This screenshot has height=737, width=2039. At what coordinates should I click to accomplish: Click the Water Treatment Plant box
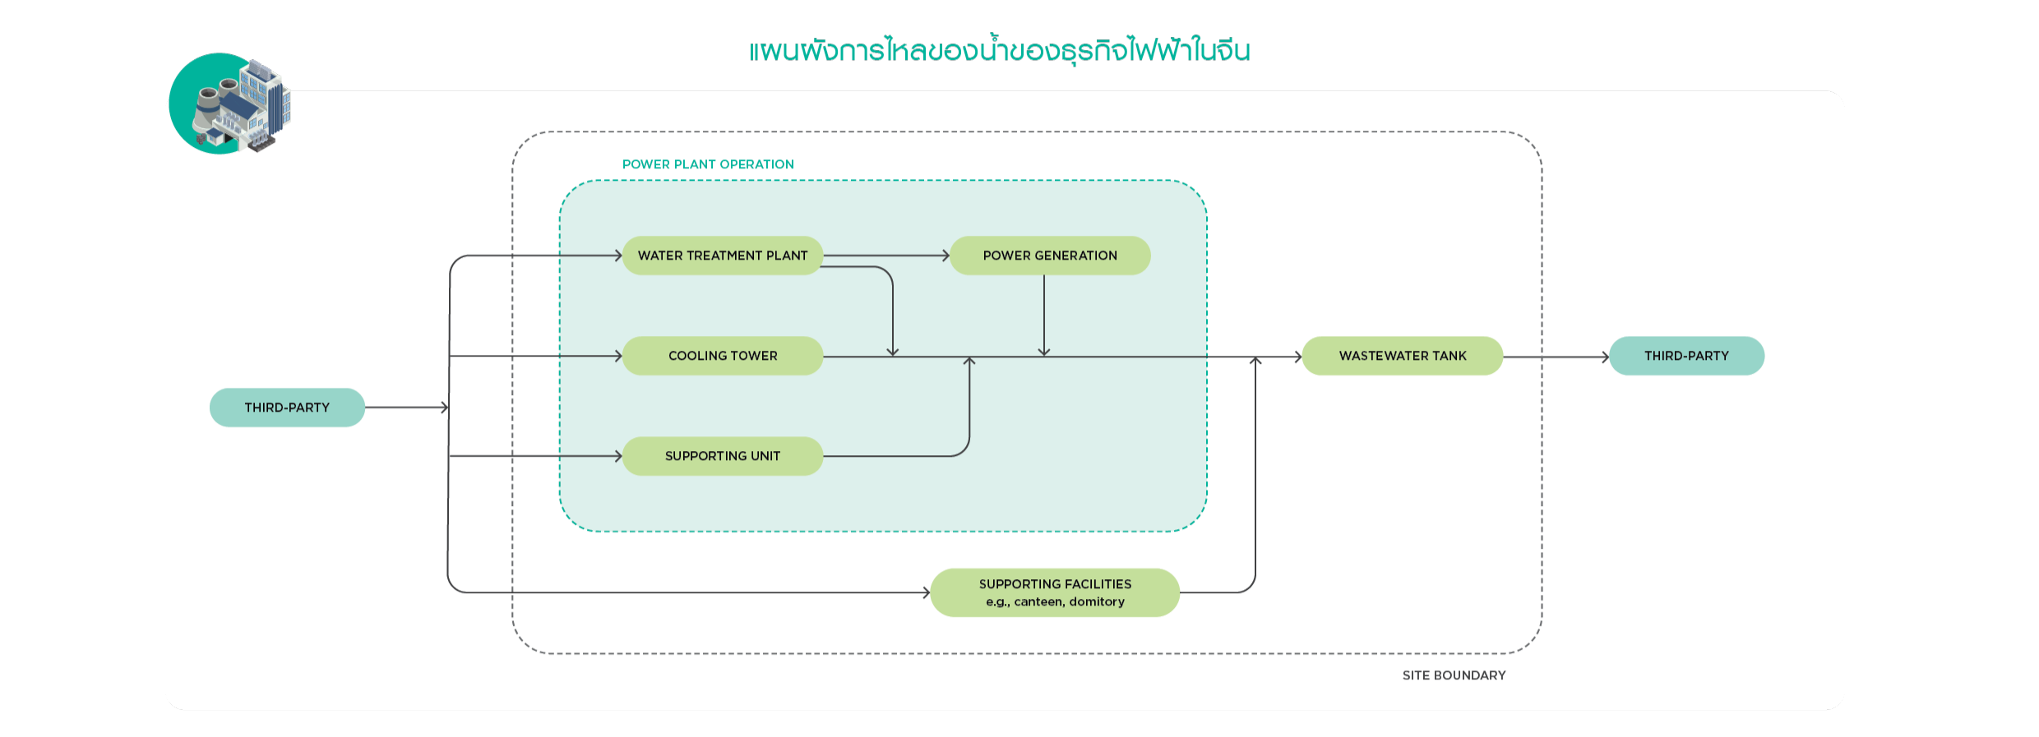(722, 256)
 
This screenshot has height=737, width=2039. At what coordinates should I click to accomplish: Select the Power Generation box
(1050, 256)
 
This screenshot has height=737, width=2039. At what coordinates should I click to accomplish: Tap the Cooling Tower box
(722, 356)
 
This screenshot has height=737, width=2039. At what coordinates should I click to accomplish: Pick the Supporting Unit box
(722, 456)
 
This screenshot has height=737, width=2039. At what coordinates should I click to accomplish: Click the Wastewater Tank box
(1402, 356)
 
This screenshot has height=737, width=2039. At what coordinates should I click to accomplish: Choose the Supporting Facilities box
(1055, 592)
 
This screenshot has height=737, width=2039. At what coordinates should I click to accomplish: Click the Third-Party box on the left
(287, 408)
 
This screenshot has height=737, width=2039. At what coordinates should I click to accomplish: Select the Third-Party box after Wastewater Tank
(1686, 356)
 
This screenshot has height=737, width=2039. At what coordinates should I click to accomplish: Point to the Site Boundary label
(1454, 675)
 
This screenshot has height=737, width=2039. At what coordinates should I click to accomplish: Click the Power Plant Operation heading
(708, 164)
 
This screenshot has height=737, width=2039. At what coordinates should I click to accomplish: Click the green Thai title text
(1000, 51)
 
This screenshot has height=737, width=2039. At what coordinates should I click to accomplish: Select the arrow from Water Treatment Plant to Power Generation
(886, 256)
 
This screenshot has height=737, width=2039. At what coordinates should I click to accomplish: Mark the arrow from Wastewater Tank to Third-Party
(1556, 357)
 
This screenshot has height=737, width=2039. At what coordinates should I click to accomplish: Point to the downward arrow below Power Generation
(1044, 316)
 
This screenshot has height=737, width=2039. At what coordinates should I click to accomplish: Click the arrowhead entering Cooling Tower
(618, 356)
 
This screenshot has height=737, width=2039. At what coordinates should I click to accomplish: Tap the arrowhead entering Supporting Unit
(618, 456)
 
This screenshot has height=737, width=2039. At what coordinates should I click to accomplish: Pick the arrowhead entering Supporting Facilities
(926, 592)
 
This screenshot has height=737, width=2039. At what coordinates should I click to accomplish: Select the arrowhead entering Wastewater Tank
(1297, 357)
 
